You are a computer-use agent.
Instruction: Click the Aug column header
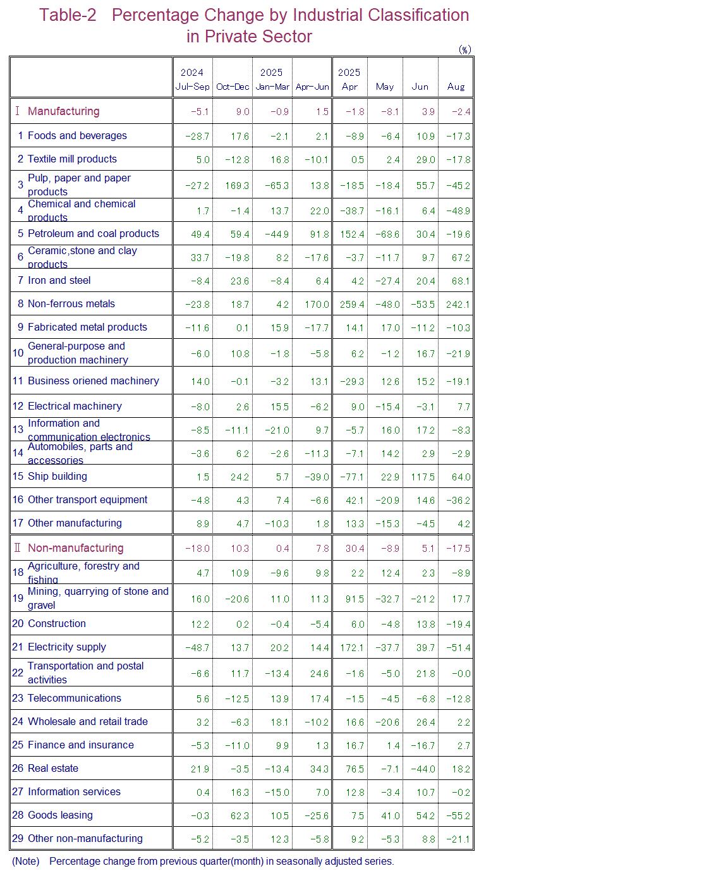[x=456, y=87]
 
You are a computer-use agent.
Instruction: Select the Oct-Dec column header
[x=233, y=87]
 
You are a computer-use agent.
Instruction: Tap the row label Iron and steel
[x=59, y=280]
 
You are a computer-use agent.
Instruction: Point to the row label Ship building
[x=57, y=476]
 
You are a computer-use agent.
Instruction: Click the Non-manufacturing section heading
[x=75, y=548]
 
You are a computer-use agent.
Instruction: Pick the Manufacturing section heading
[x=63, y=111]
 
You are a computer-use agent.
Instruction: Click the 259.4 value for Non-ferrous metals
[x=352, y=305]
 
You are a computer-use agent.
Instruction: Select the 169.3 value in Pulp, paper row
[x=237, y=186]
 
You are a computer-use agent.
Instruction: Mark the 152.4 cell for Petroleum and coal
[x=352, y=235]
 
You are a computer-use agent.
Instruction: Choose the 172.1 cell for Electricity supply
[x=352, y=648]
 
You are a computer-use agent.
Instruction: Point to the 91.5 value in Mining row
[x=355, y=599]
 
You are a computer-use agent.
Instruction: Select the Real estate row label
[x=53, y=768]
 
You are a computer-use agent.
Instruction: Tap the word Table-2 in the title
[x=68, y=15]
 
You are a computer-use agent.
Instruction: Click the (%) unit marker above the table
[x=464, y=50]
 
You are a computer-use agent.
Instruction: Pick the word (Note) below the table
[x=25, y=861]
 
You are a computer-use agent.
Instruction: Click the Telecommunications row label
[x=74, y=698]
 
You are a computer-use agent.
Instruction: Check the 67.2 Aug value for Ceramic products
[x=461, y=258]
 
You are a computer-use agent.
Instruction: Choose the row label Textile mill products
[x=72, y=159]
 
